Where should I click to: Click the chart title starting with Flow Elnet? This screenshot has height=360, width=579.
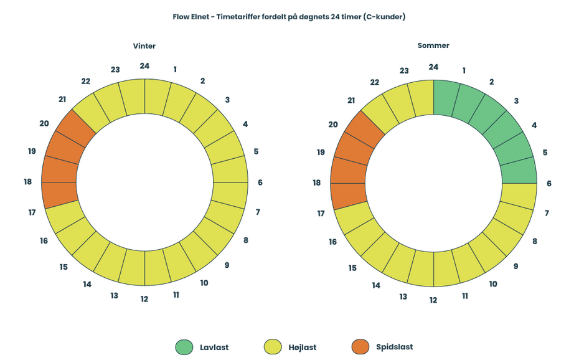click(x=289, y=17)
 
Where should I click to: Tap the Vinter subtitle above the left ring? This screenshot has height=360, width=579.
click(x=144, y=46)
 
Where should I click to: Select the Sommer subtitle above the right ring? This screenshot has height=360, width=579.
click(x=433, y=45)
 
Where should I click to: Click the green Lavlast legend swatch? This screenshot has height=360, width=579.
click(x=185, y=347)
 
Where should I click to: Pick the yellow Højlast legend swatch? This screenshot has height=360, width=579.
click(x=273, y=347)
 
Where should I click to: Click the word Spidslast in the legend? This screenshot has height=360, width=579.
click(x=394, y=347)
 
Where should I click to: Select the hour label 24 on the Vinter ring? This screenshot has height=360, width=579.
click(x=144, y=65)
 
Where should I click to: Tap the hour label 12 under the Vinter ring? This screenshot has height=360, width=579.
click(x=144, y=299)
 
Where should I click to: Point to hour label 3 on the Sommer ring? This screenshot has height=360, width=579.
click(x=516, y=101)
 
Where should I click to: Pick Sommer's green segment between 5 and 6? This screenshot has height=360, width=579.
click(x=519, y=171)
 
